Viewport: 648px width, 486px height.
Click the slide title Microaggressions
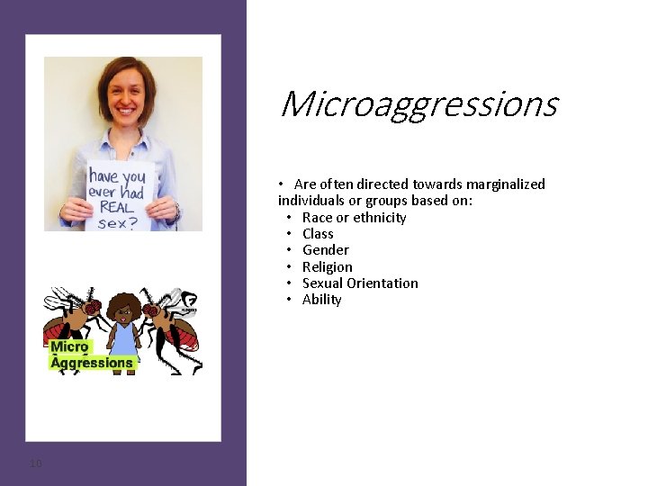[x=418, y=105]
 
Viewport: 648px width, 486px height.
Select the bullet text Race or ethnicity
[x=354, y=218]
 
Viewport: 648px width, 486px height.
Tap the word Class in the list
[x=318, y=234]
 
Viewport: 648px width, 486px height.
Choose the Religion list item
[x=327, y=267]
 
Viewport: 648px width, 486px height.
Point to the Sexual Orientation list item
[x=360, y=283]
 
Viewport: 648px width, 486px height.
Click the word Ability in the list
[x=321, y=300]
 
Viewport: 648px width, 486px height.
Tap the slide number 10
[x=35, y=463]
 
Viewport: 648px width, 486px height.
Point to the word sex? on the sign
[x=117, y=222]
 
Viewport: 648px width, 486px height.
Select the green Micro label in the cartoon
[x=69, y=347]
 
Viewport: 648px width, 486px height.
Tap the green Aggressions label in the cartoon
[x=91, y=363]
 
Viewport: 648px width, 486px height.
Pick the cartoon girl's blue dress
[x=122, y=342]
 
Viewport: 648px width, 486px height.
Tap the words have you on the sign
[x=117, y=176]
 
